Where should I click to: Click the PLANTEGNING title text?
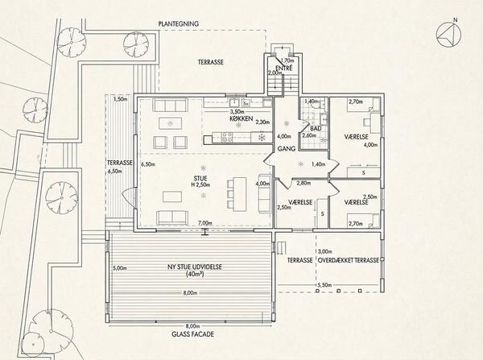pyautogui.click(x=179, y=23)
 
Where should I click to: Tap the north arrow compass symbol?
pyautogui.click(x=449, y=34)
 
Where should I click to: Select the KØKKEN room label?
pyautogui.click(x=242, y=118)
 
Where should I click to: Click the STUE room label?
pyautogui.click(x=200, y=179)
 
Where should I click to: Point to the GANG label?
pyautogui.click(x=287, y=148)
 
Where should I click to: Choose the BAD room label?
pyautogui.click(x=316, y=128)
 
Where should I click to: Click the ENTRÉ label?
pyautogui.click(x=284, y=68)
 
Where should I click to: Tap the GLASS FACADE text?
pyautogui.click(x=193, y=334)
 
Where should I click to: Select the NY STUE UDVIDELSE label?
pyautogui.click(x=195, y=267)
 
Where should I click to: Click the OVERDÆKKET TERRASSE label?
pyautogui.click(x=348, y=260)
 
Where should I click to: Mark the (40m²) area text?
pyautogui.click(x=195, y=274)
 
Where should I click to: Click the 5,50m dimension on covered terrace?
pyautogui.click(x=324, y=285)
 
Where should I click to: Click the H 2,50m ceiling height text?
pyautogui.click(x=200, y=185)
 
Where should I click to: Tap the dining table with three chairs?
pyautogui.click(x=240, y=194)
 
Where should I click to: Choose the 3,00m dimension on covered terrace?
pyautogui.click(x=325, y=251)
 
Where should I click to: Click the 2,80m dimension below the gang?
pyautogui.click(x=303, y=183)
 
